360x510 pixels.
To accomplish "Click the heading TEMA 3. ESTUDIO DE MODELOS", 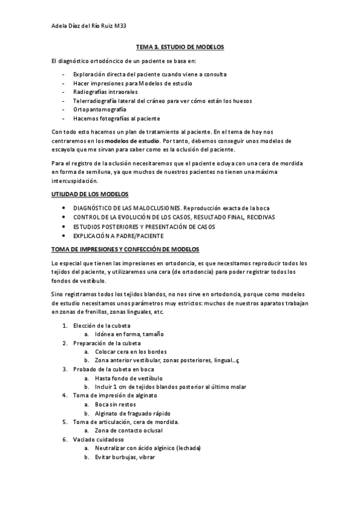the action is coord(180,46).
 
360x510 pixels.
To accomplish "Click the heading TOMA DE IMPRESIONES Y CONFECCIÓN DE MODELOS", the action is coord(125,249).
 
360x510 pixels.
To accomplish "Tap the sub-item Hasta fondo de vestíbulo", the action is coord(128,378).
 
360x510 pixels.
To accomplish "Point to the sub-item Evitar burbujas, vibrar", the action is coord(124,457).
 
